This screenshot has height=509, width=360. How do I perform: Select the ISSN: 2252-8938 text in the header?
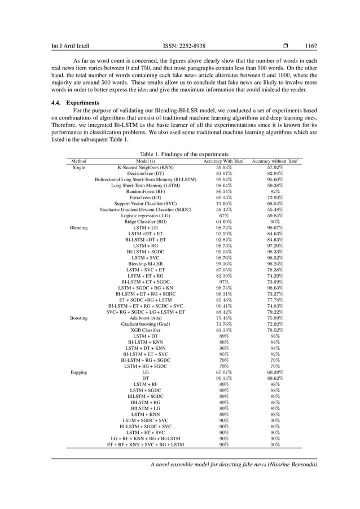(183, 46)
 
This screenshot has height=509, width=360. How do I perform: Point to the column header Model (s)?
(146, 161)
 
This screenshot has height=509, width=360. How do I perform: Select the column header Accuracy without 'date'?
(275, 161)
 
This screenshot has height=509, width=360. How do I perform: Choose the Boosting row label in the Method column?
(79, 318)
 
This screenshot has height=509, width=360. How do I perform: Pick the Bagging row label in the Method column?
(79, 373)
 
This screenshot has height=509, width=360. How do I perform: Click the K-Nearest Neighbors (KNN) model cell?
(146, 168)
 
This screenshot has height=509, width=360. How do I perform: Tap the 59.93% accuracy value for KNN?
(223, 168)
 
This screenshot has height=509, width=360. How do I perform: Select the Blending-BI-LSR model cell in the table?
(146, 264)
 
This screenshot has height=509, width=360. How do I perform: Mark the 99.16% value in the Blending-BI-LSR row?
(223, 264)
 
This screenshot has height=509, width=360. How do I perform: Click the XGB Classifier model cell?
(146, 330)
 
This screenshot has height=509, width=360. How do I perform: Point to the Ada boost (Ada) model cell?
(146, 318)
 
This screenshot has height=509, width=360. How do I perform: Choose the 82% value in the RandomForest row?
(275, 192)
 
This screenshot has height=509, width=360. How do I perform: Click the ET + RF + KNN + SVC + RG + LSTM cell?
(146, 445)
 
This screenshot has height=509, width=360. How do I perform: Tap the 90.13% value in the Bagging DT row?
(223, 379)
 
